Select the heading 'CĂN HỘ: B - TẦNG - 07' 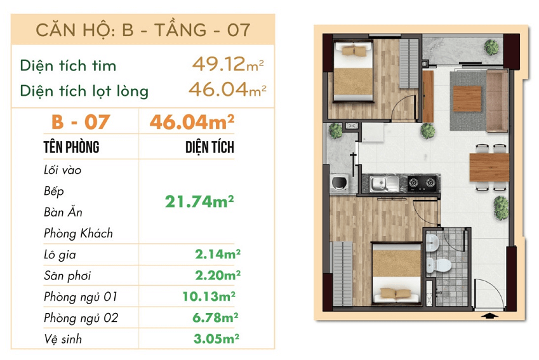tap(143, 30)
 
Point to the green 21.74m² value tap(199, 202)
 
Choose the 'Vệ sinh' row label tap(63, 339)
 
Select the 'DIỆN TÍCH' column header tap(210, 148)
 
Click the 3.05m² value tap(216, 338)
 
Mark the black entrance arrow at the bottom tap(489, 316)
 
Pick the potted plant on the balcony tap(490, 46)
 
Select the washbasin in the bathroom tap(432, 242)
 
